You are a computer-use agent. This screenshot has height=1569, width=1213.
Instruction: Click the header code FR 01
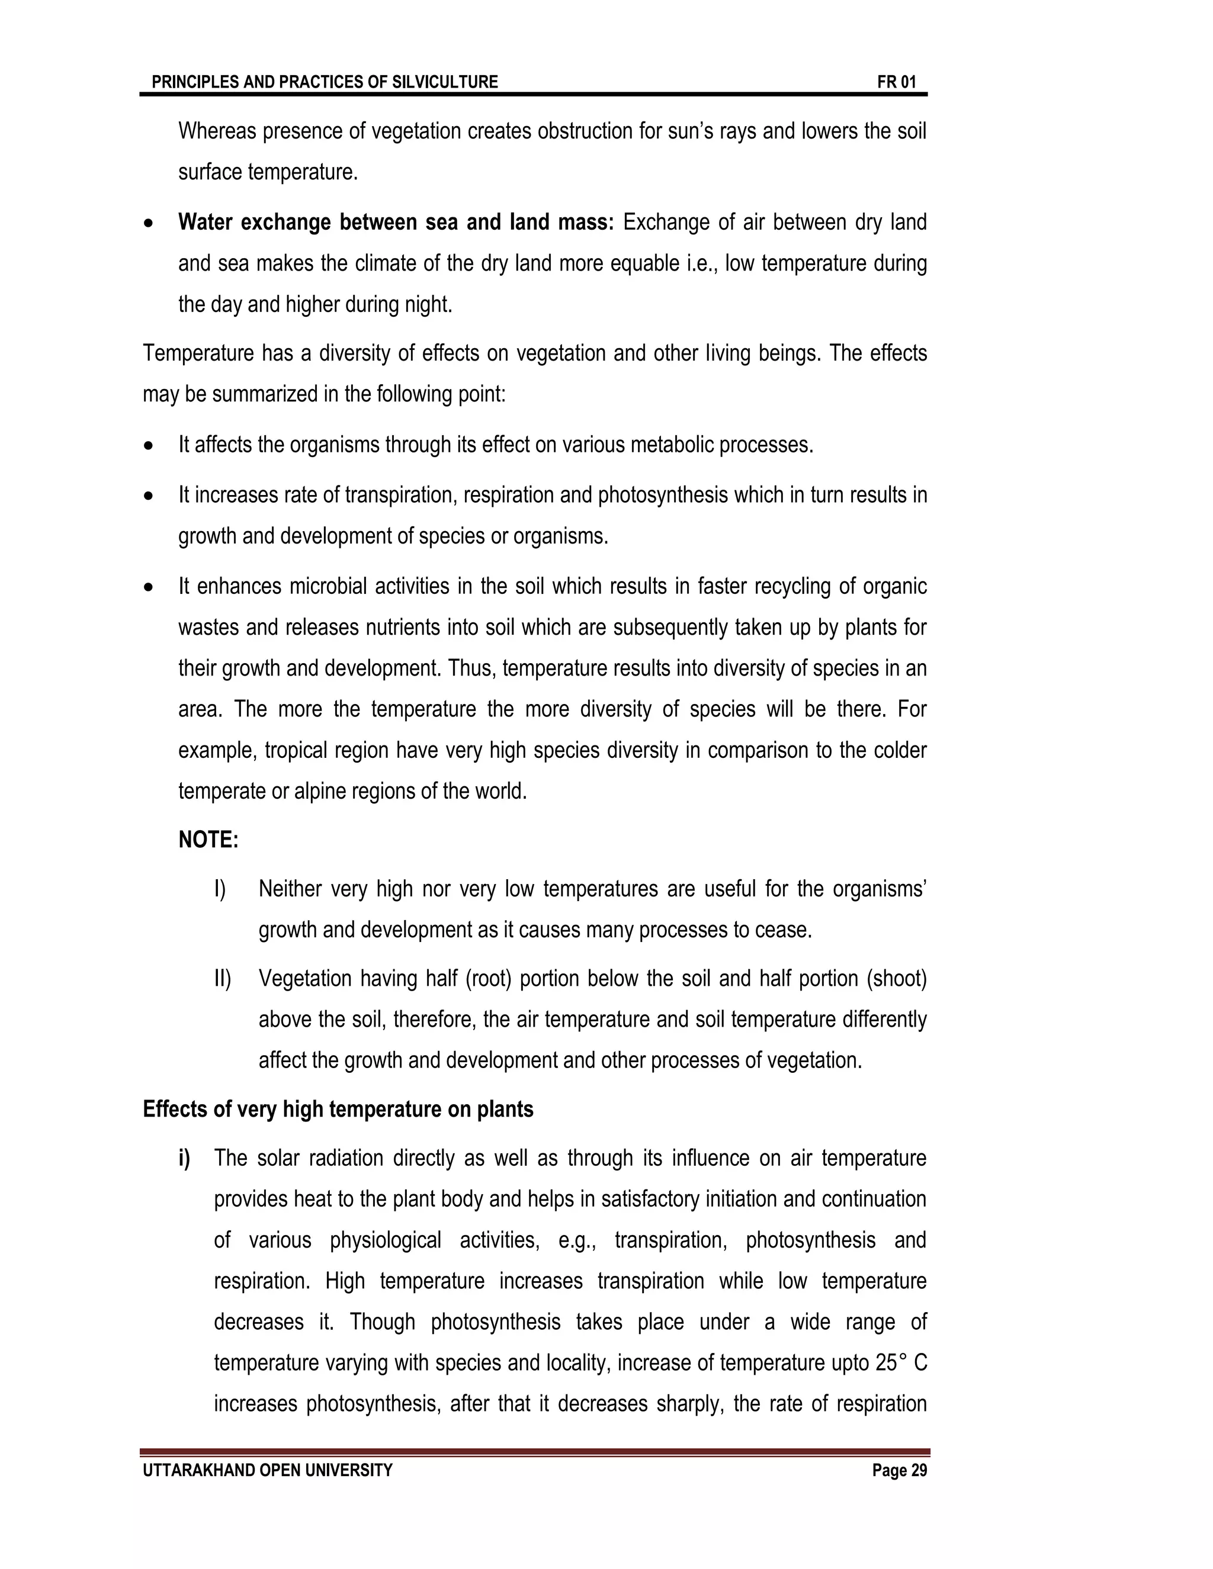coord(896,82)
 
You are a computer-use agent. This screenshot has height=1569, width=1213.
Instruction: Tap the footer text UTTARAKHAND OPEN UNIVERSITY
coord(267,1470)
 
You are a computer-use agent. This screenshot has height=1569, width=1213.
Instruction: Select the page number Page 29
coord(899,1470)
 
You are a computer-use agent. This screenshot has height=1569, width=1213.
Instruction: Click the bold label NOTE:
coord(208,839)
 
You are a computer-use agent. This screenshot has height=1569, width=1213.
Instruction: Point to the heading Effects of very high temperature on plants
coord(338,1109)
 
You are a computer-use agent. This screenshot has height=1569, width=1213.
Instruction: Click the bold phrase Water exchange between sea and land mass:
coord(395,222)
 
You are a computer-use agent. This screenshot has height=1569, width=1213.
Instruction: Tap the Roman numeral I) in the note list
coord(220,889)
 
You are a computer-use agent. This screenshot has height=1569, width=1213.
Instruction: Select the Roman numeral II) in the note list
coord(222,979)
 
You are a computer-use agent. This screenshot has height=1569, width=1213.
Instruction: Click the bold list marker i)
coord(185,1158)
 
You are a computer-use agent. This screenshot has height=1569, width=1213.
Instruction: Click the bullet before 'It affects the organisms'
coord(149,446)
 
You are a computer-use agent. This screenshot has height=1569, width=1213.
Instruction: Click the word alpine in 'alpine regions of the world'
coord(316,791)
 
